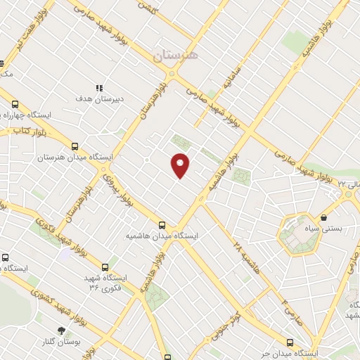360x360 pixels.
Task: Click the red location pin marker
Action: tap(181, 165)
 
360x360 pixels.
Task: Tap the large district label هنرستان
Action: tap(175, 54)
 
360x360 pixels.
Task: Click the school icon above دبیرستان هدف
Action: tap(99, 88)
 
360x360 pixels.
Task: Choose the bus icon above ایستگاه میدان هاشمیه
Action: tap(162, 225)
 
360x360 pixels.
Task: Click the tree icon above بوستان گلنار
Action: tap(62, 330)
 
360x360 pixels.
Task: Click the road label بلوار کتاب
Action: tap(31, 131)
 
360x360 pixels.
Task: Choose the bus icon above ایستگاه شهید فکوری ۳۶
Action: tap(105, 267)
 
